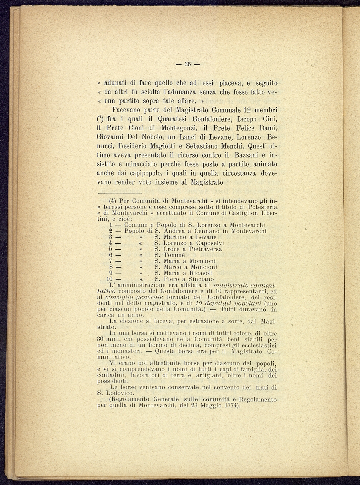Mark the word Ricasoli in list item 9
pyautogui.click(x=201, y=273)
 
